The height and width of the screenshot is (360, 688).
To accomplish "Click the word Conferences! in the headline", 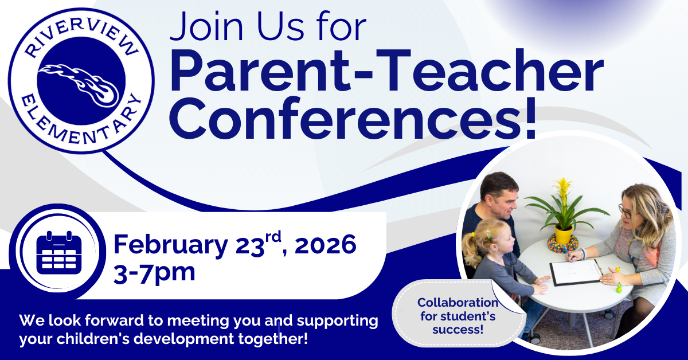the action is coord(353,118).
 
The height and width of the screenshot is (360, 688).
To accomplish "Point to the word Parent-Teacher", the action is coord(386,71).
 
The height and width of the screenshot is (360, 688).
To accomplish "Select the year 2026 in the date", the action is coord(325,245).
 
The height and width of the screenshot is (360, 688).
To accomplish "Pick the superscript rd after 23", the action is coord(273,237).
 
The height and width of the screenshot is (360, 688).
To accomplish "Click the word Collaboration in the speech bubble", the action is coord(458,303).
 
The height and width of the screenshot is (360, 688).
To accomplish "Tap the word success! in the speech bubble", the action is coord(458,329).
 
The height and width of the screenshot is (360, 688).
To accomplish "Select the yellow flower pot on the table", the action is coord(564,235).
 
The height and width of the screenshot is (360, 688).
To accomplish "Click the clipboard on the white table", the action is coord(576,272).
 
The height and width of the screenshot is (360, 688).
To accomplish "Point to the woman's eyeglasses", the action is coord(626,212).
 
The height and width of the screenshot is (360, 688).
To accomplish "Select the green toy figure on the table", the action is coord(619,288).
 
